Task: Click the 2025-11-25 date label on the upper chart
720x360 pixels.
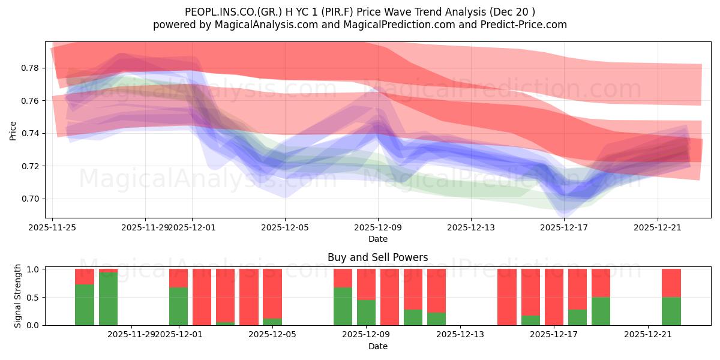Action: click(53, 227)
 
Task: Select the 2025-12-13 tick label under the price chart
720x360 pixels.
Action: click(470, 227)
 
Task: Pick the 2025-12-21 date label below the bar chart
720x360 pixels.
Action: click(648, 335)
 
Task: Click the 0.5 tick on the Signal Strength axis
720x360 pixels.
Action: click(33, 298)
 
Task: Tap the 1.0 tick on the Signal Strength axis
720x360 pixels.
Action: click(33, 269)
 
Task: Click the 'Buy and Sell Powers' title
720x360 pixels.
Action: click(377, 257)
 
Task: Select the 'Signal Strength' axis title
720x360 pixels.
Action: click(18, 296)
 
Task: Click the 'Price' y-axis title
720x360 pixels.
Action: click(13, 130)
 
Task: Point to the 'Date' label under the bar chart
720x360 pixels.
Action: click(377, 346)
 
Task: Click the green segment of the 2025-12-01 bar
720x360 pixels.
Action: click(178, 306)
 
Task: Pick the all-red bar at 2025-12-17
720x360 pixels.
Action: click(554, 297)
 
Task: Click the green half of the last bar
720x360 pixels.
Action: click(671, 311)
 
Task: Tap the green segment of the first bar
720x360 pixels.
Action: click(85, 304)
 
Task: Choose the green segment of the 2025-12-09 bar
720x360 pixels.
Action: click(366, 312)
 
